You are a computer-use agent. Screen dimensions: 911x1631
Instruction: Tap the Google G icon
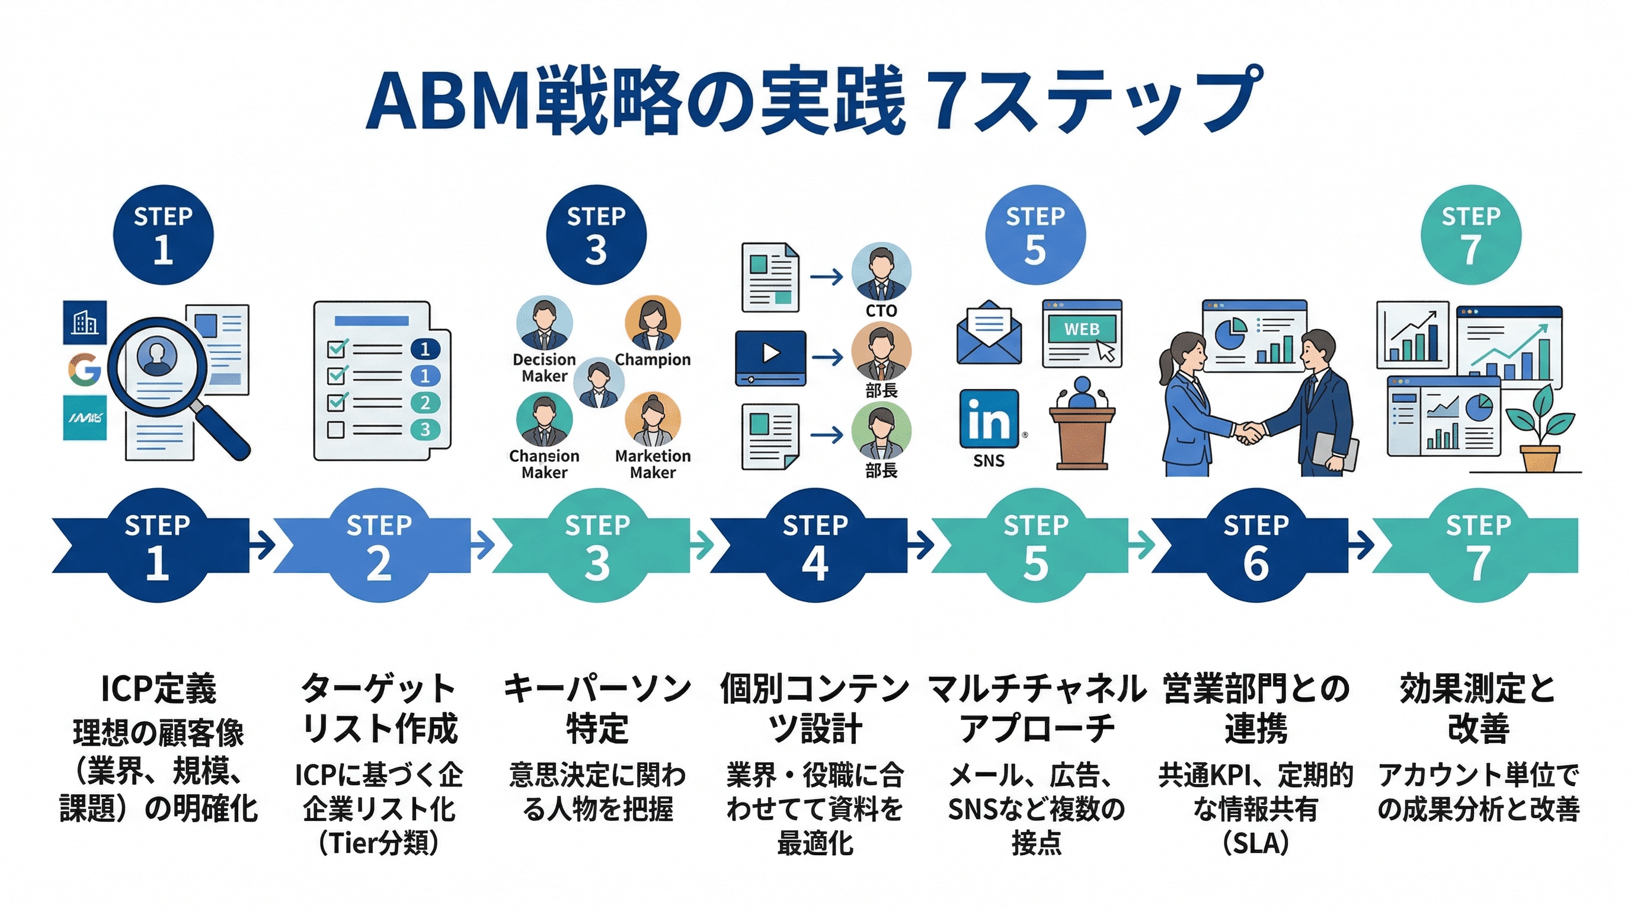pyautogui.click(x=85, y=370)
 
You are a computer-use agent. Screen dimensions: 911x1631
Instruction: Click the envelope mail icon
pyautogui.click(x=989, y=334)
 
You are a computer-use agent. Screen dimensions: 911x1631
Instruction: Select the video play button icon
pyautogui.click(x=770, y=353)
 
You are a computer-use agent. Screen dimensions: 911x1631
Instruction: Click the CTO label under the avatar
pyautogui.click(x=881, y=310)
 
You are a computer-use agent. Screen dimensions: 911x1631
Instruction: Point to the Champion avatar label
pyautogui.click(x=652, y=359)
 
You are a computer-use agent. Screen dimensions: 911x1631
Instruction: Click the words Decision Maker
pyautogui.click(x=544, y=368)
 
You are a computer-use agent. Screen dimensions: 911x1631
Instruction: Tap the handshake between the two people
pyautogui.click(x=1249, y=433)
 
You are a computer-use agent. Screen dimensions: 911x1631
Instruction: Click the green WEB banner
pyautogui.click(x=1082, y=329)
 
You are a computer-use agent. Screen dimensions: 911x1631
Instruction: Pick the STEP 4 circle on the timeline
pyautogui.click(x=815, y=545)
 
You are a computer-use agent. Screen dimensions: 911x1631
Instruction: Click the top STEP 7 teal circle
pyautogui.click(x=1470, y=235)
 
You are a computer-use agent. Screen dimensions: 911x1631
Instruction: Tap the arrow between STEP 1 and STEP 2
pyautogui.click(x=261, y=545)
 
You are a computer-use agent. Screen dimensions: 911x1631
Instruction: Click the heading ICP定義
pyautogui.click(x=158, y=689)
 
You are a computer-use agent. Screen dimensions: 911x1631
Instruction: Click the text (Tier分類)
pyautogui.click(x=379, y=843)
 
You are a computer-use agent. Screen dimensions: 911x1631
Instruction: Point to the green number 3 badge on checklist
pyautogui.click(x=425, y=429)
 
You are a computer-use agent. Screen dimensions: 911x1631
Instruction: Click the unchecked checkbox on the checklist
pyautogui.click(x=335, y=429)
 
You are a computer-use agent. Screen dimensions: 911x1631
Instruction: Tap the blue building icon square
pyautogui.click(x=85, y=323)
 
